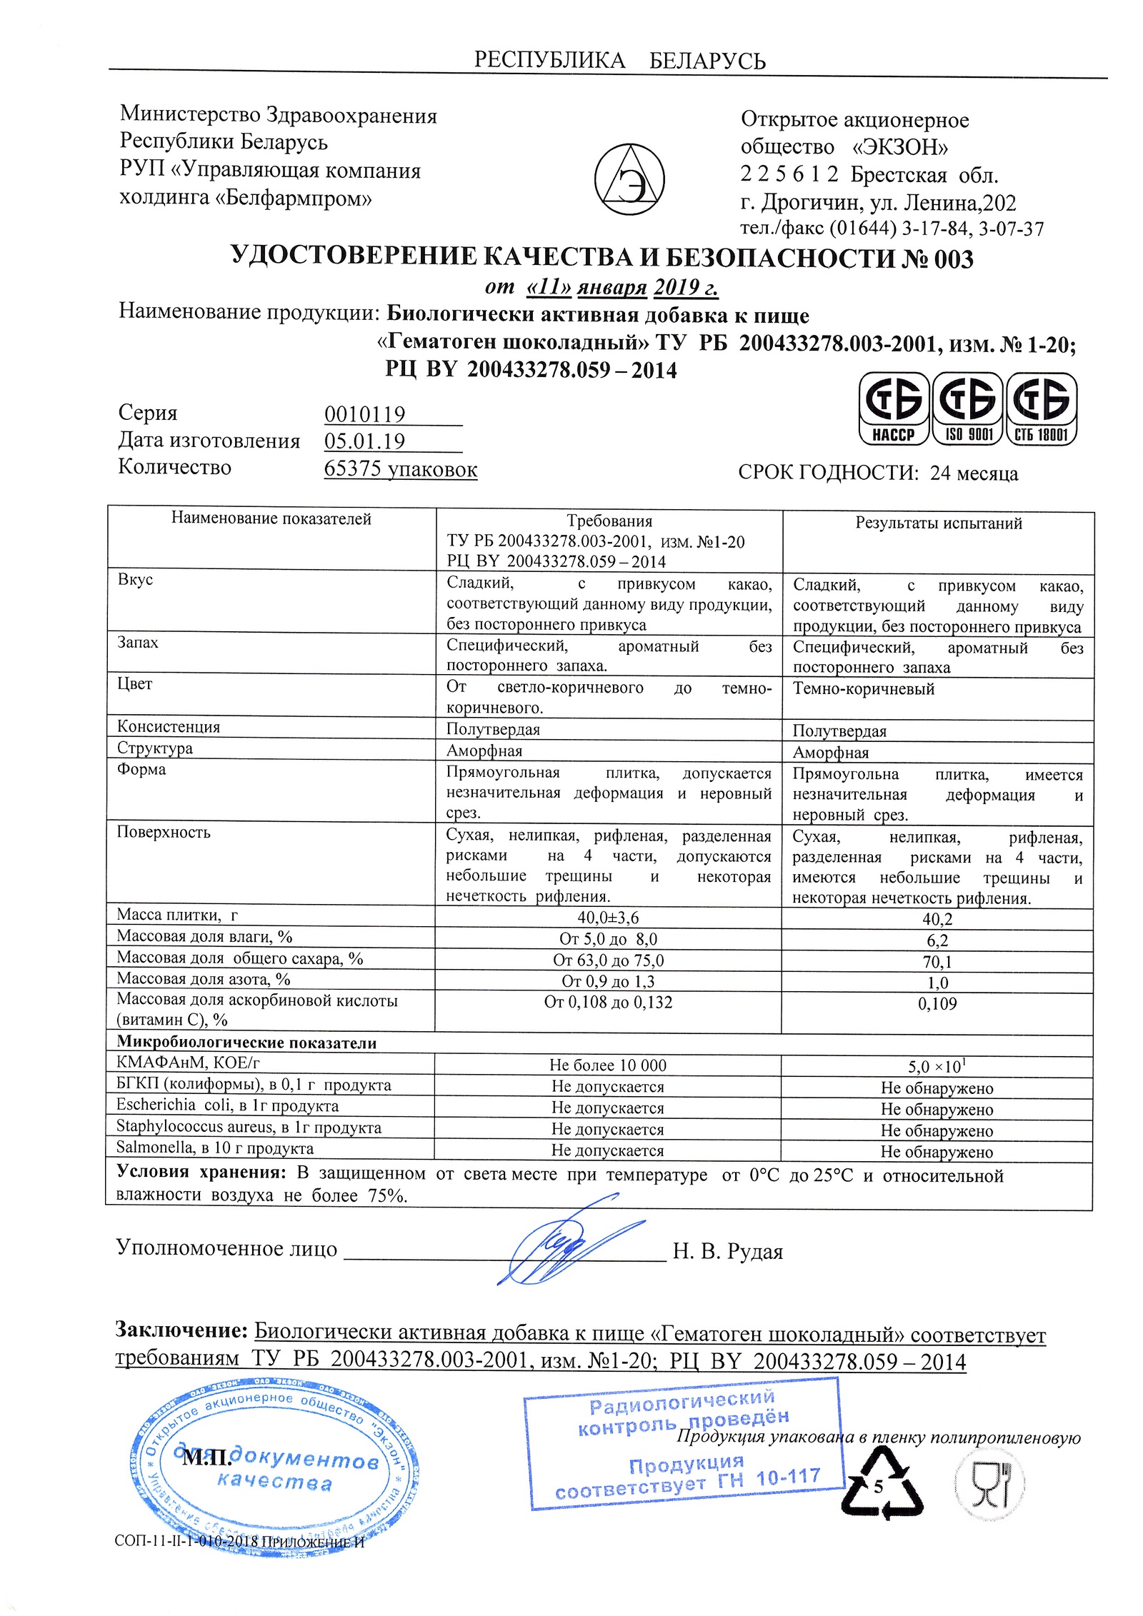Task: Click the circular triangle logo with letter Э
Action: pos(629,179)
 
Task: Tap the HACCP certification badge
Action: pos(893,409)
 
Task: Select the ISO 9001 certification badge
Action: pos(968,409)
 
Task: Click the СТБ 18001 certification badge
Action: pos(1041,409)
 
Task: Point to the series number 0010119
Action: pos(364,414)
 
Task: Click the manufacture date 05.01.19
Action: pos(364,441)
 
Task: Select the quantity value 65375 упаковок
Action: pos(400,469)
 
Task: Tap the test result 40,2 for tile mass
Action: pos(937,919)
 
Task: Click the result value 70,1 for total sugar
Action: pos(937,962)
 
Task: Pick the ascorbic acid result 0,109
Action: pos(937,1004)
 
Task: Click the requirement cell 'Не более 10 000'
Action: pos(607,1065)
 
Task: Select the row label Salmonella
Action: pos(214,1148)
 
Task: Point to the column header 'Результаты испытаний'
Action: pos(938,523)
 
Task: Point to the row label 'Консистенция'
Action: pos(169,727)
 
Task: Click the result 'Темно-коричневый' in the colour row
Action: pos(863,689)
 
